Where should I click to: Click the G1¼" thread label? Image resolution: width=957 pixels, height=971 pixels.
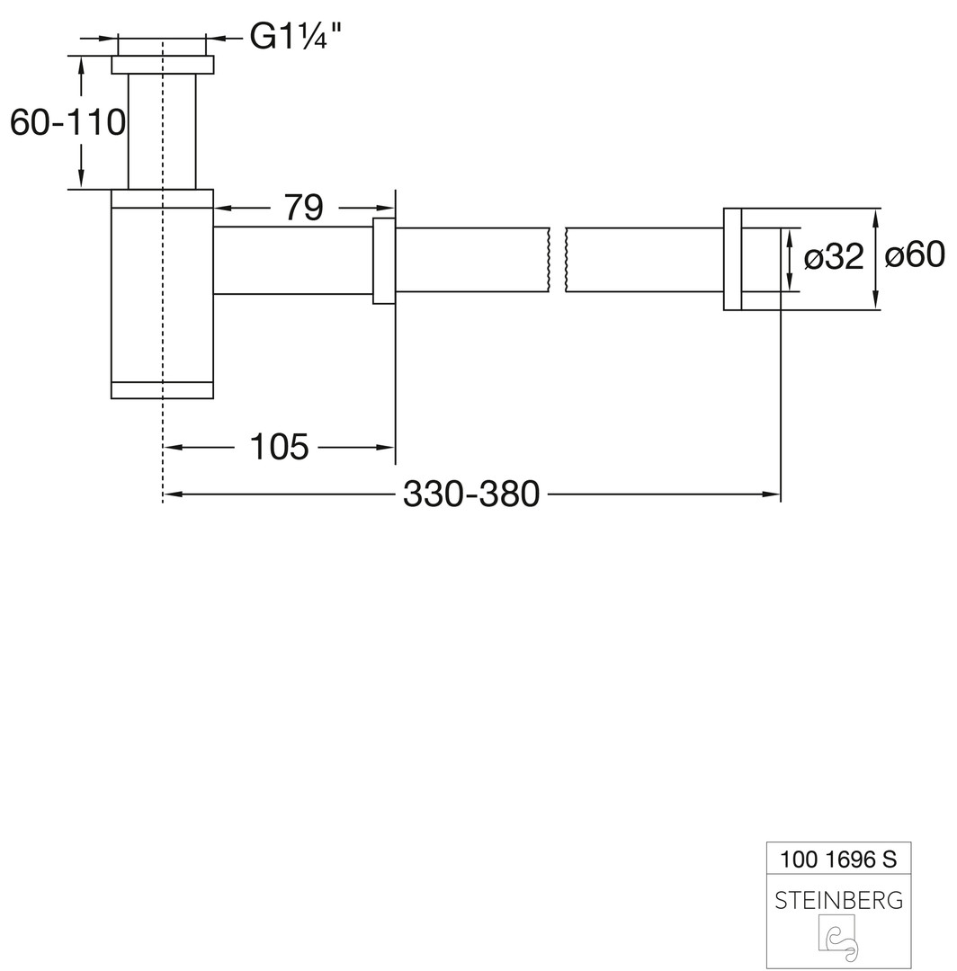pos(295,37)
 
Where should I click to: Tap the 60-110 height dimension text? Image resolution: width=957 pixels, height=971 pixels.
pos(67,122)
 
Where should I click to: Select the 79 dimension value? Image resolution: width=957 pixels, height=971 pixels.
pos(303,208)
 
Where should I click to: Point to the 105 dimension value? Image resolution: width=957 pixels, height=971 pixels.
pos(279,447)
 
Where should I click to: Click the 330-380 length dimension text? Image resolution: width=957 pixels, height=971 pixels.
pos(471,494)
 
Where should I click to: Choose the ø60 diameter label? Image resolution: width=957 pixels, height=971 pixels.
pos(915,254)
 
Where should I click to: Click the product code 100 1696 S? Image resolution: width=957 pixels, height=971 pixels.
pos(838,859)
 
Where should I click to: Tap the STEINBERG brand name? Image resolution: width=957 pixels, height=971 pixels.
pos(838,900)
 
